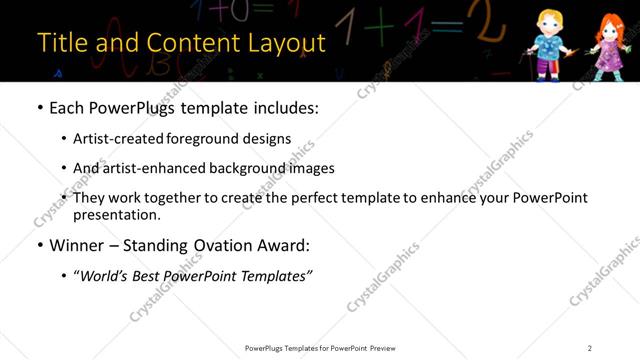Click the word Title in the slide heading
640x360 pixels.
pyautogui.click(x=61, y=43)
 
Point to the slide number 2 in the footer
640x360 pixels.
pyautogui.click(x=590, y=348)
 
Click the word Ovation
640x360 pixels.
pyautogui.click(x=232, y=245)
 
